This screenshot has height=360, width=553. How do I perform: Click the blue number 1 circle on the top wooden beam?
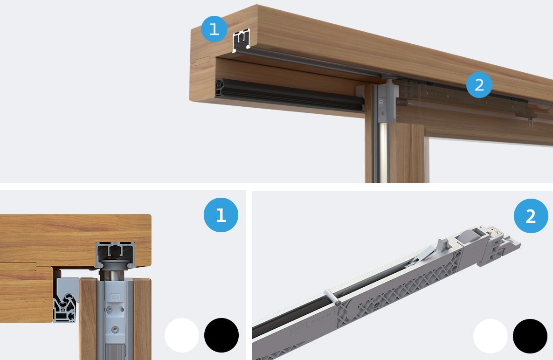click(x=214, y=29)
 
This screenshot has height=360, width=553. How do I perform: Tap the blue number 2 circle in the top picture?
click(x=479, y=85)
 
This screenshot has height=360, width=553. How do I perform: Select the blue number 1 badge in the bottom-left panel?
click(x=221, y=215)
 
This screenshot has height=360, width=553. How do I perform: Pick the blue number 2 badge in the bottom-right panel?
click(x=531, y=216)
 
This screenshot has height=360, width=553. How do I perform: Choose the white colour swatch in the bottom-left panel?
click(x=182, y=335)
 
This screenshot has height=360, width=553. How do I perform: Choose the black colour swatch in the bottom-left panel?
click(x=221, y=335)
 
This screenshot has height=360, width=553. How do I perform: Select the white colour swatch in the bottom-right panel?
click(x=491, y=336)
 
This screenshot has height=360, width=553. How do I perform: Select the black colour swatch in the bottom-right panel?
click(x=530, y=336)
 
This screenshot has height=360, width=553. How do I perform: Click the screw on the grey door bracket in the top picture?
click(x=381, y=103)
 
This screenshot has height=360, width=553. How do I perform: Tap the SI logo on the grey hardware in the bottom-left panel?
click(x=115, y=297)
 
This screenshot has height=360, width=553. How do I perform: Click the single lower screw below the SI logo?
click(x=115, y=329)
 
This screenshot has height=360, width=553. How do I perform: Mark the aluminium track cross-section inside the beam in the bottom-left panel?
click(x=115, y=253)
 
